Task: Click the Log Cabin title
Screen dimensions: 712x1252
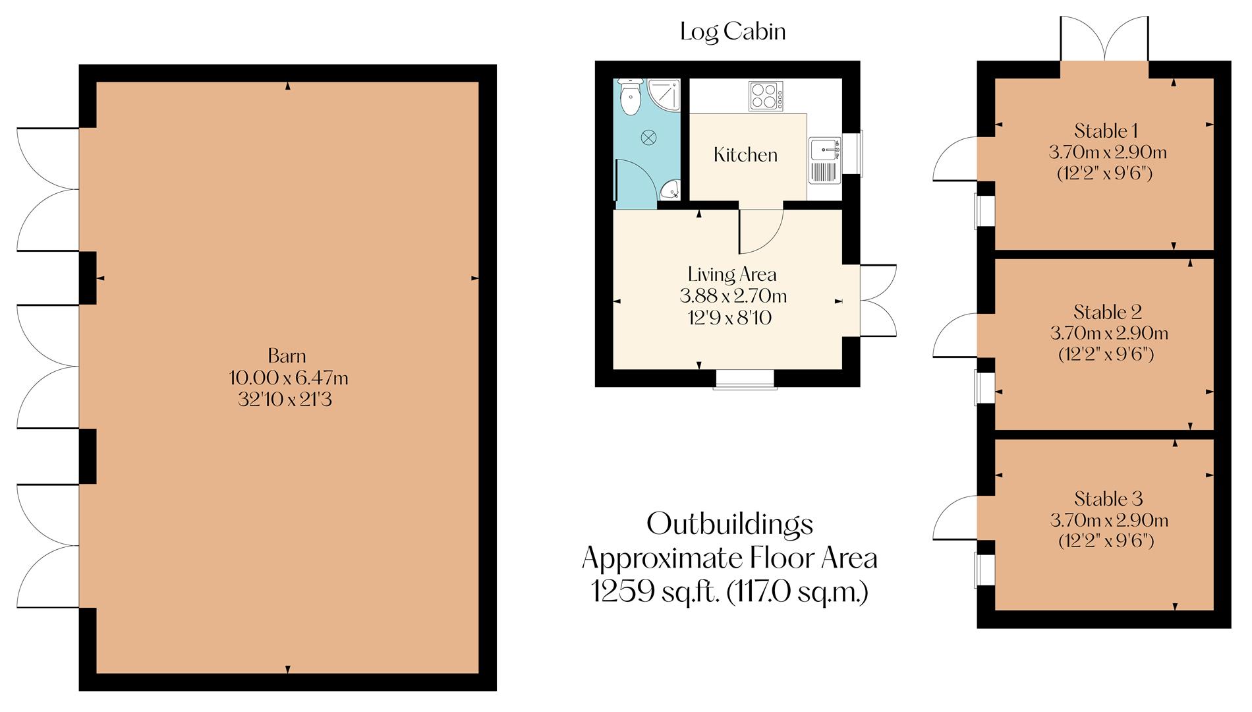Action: [733, 32]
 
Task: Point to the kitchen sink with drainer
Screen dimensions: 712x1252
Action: [824, 160]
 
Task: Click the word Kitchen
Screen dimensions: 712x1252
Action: [745, 155]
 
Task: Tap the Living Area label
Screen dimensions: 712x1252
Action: [731, 274]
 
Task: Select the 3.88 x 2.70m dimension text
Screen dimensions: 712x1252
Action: [733, 296]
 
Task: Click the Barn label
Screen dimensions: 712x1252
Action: [287, 356]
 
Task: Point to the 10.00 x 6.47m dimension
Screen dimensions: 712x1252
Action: [288, 378]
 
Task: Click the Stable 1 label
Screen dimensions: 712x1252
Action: [1106, 131]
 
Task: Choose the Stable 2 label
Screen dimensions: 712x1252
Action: [1107, 312]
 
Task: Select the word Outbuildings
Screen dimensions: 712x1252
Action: [729, 525]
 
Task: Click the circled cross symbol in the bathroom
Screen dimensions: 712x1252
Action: [649, 137]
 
